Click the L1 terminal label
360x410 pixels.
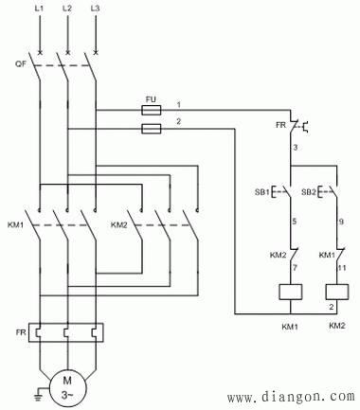point(39,9)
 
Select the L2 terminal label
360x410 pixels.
point(66,9)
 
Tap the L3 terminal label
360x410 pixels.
point(95,9)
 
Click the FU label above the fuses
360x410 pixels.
point(150,98)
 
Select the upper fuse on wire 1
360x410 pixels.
point(150,109)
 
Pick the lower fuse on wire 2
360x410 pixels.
point(150,127)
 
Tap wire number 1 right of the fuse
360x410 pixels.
point(177,103)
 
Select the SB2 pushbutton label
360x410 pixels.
point(308,193)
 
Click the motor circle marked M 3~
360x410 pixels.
point(67,387)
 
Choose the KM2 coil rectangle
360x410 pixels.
point(333,293)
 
